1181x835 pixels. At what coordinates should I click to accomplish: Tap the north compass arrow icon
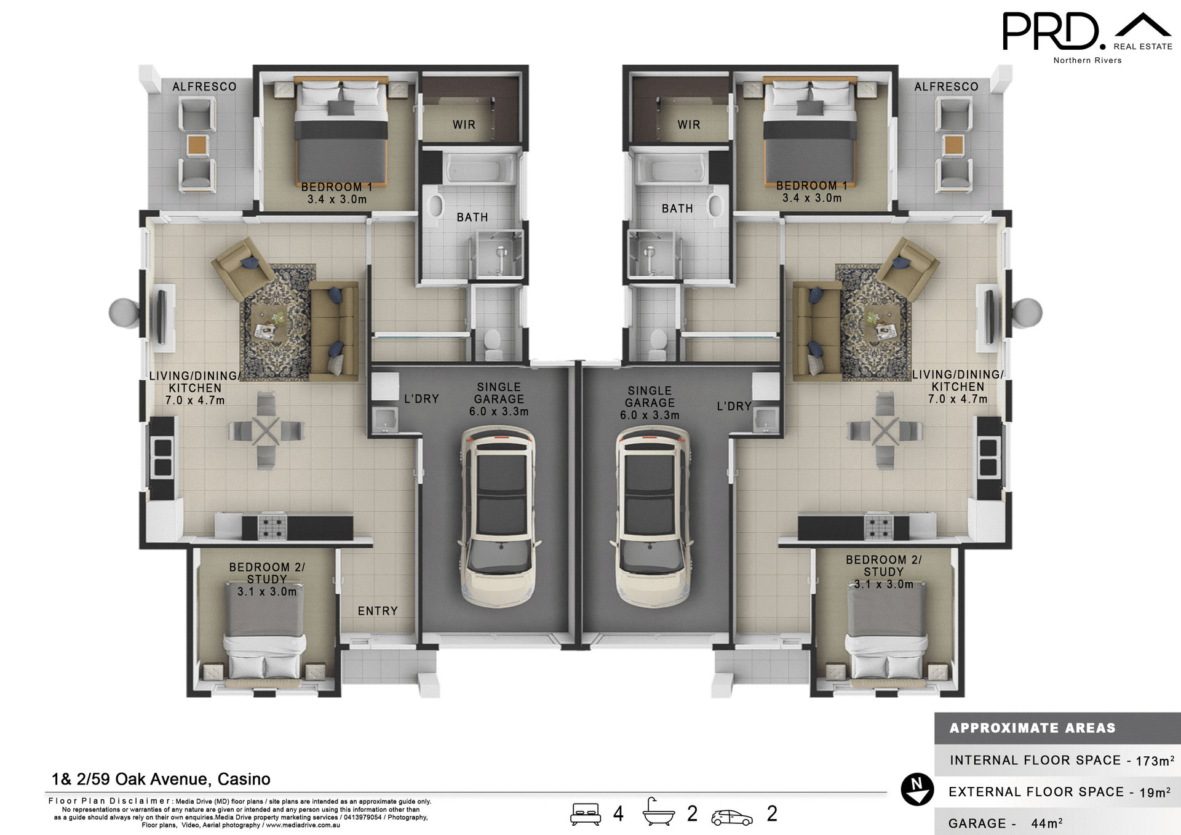[x=917, y=789]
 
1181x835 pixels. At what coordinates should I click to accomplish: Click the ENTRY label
[x=378, y=611]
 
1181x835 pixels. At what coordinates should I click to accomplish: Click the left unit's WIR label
[x=464, y=125]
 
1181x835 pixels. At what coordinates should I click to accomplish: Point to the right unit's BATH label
[x=677, y=209]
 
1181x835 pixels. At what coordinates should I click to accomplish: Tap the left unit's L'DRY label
[x=421, y=399]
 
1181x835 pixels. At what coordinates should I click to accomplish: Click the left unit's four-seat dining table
[x=266, y=431]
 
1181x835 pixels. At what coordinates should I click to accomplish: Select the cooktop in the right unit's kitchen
[x=878, y=527]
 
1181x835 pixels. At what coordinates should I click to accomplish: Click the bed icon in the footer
[x=585, y=813]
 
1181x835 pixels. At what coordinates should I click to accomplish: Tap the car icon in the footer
[x=731, y=817]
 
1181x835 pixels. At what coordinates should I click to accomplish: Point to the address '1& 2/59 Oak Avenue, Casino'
[x=161, y=779]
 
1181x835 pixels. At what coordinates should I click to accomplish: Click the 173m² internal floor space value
[x=1155, y=761]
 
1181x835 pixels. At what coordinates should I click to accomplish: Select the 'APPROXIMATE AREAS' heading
[x=1032, y=728]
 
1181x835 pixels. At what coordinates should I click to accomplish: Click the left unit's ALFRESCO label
[x=204, y=87]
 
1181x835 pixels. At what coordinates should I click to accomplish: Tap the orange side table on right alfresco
[x=953, y=146]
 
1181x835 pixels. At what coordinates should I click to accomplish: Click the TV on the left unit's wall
[x=162, y=317]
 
